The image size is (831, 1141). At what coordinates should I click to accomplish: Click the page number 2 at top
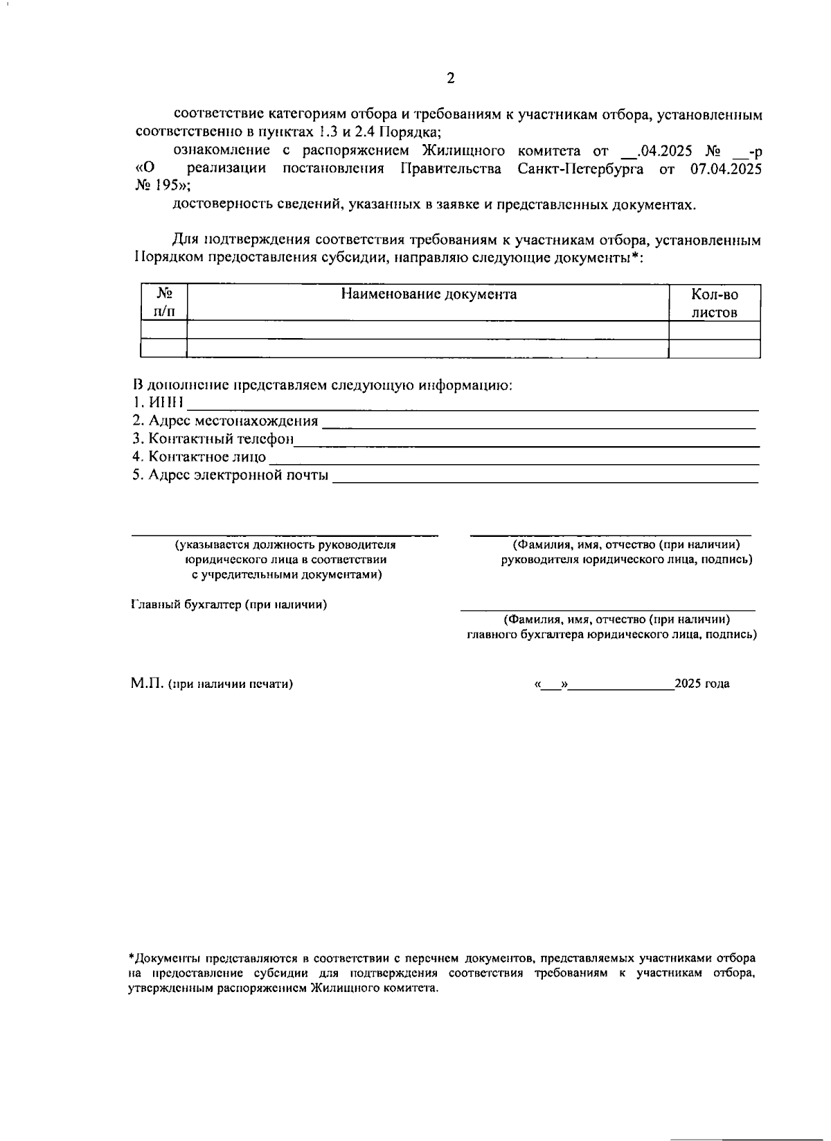451,78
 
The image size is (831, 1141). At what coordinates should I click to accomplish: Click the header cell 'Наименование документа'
429,294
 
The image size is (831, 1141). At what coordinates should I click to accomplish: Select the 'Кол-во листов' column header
714,303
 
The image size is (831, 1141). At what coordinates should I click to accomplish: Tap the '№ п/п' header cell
163,303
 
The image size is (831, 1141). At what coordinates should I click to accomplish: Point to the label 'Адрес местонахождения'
225,421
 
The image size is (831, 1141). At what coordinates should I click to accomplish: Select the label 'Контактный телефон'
213,439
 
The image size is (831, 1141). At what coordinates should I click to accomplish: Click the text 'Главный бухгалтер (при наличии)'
229,605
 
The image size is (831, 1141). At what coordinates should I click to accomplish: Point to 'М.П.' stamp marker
146,684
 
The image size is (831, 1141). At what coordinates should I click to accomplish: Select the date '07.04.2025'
726,168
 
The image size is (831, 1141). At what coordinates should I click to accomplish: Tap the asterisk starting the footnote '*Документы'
132,958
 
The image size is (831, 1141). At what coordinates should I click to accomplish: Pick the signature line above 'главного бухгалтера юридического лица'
608,610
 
